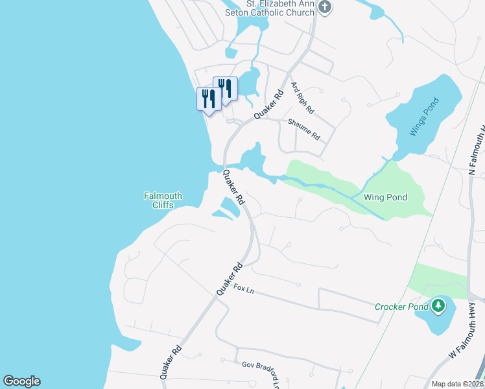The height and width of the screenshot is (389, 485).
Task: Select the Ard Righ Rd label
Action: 302,97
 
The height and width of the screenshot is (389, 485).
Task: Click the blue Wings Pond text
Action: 424,116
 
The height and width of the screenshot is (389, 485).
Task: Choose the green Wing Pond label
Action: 385,196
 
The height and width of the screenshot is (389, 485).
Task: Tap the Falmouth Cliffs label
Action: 163,200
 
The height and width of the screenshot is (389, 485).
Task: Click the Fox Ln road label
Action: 244,289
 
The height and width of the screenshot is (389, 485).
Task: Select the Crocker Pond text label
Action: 401,306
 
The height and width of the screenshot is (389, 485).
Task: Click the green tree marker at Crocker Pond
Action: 438,305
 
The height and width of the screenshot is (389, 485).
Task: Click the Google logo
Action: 21,381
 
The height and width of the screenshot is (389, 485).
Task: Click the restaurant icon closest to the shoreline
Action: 208,99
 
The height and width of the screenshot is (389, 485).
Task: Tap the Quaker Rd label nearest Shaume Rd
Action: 269,104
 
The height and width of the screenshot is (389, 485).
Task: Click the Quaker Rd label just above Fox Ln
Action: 230,279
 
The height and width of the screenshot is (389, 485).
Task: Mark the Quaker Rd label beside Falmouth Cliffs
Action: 233,187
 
